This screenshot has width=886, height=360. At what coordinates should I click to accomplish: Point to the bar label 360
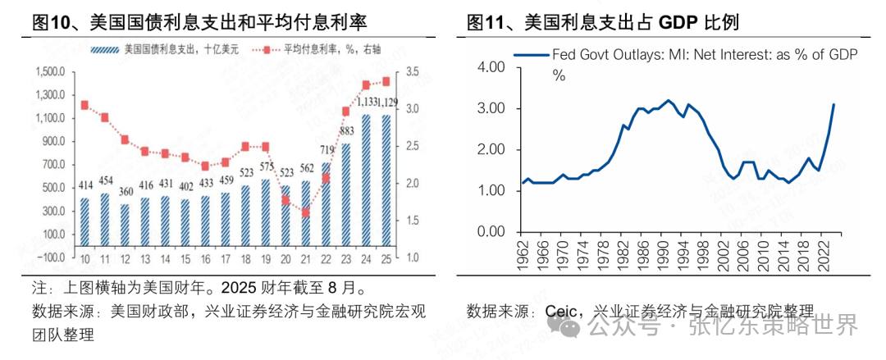tap(125, 192)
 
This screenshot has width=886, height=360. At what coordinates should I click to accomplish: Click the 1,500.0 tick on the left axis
tap(50, 71)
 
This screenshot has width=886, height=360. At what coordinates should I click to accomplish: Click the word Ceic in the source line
tap(563, 312)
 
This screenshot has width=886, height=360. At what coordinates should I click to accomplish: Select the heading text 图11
tap(488, 20)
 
